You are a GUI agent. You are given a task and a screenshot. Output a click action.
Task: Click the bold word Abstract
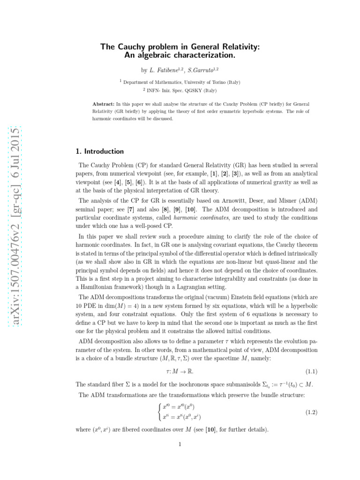[x=103, y=103]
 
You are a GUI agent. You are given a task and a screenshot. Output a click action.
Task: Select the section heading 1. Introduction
[x=99, y=151]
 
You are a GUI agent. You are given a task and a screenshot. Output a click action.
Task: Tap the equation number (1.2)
[x=312, y=412]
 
